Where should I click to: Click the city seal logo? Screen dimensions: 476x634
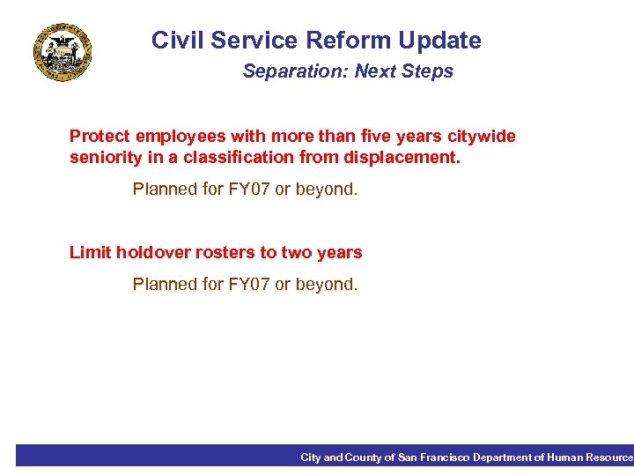coord(63,54)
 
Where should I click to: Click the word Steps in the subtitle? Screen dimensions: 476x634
coord(429,71)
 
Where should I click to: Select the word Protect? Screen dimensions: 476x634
coord(100,137)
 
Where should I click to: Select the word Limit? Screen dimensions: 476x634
coord(87,253)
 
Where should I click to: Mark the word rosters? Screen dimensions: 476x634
coord(220,253)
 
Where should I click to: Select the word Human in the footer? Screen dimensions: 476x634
coord(564,457)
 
